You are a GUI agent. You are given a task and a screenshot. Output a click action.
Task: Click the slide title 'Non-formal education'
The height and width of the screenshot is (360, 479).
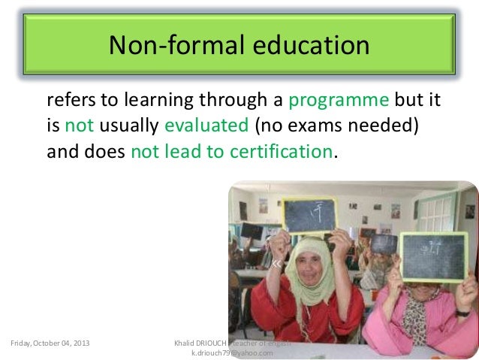(x=239, y=47)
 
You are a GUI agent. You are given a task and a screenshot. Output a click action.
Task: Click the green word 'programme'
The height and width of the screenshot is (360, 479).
(x=339, y=101)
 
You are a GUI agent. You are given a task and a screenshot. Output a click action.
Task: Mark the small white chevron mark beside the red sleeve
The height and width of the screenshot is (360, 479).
(x=276, y=264)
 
